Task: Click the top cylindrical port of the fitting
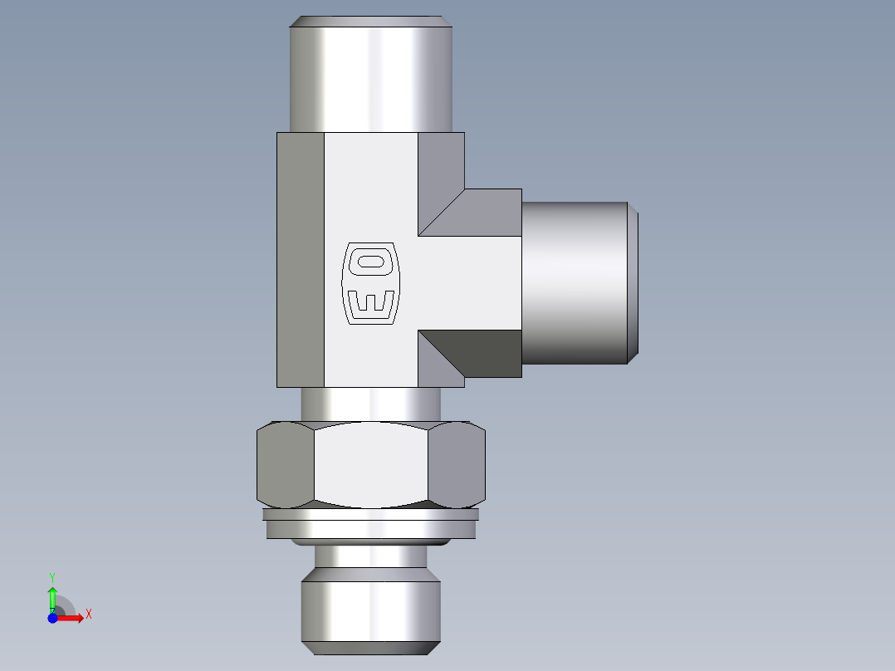(371, 79)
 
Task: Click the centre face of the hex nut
(371, 465)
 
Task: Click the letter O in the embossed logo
(370, 263)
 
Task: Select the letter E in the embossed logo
(370, 302)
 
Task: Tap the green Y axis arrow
(52, 596)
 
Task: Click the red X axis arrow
(71, 618)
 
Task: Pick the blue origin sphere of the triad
(53, 617)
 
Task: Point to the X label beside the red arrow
(88, 615)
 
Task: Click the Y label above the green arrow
(52, 576)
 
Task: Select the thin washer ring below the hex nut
(371, 514)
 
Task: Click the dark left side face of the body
(300, 260)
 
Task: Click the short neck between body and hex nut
(370, 404)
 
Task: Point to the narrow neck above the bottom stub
(371, 556)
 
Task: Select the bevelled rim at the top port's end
(371, 22)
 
